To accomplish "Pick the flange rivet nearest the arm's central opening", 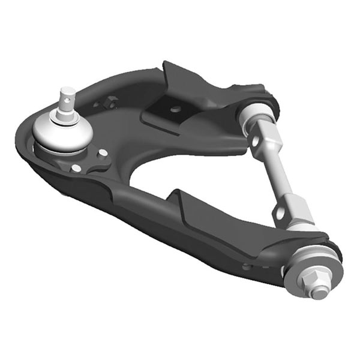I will [103, 152].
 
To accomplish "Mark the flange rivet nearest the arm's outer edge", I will [76, 168].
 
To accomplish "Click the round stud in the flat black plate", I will [175, 109].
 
